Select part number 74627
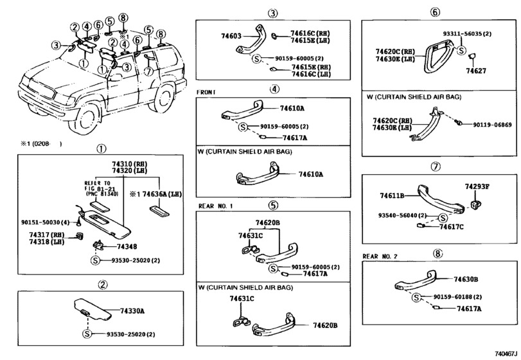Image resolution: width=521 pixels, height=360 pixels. click(x=475, y=70)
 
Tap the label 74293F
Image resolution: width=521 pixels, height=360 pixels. click(x=477, y=186)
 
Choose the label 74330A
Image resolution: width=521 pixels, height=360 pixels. click(x=133, y=311)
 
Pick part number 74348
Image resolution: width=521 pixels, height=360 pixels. click(x=127, y=246)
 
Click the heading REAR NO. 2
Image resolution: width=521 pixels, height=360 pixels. click(x=381, y=256)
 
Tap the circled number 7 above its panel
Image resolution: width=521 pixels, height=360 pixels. click(x=436, y=166)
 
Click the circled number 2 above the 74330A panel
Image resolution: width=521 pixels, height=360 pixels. click(x=102, y=285)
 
